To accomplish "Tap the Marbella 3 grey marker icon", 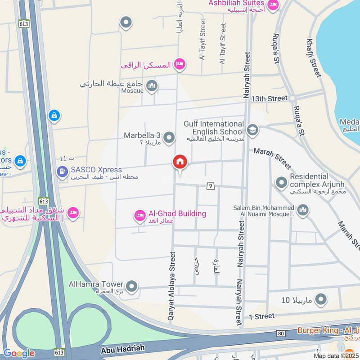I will pyautogui.click(x=169, y=137).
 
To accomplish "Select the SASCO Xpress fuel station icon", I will pyautogui.click(x=62, y=171).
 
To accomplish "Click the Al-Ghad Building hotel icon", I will pyautogui.click(x=140, y=216).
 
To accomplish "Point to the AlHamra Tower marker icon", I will pyautogui.click(x=132, y=286).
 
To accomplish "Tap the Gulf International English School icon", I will pyautogui.click(x=252, y=130).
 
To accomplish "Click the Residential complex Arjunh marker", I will pyautogui.click(x=281, y=182).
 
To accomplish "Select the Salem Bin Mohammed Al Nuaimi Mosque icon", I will pyautogui.click(x=303, y=210).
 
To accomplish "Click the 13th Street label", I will pyautogui.click(x=269, y=98).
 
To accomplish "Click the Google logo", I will pyautogui.click(x=18, y=353).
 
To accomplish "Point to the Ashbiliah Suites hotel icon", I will pyautogui.click(x=273, y=5).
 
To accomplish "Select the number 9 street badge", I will pyautogui.click(x=210, y=185).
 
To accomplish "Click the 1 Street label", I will pyautogui.click(x=261, y=316).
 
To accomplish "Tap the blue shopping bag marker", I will pyautogui.click(x=54, y=116).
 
